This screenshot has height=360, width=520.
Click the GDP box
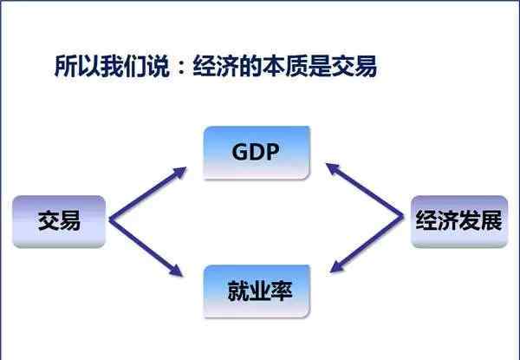[x=257, y=153]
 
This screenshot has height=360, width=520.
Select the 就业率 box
[x=257, y=291]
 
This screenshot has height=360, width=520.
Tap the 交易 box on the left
[x=59, y=221]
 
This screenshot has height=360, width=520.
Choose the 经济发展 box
[x=459, y=221]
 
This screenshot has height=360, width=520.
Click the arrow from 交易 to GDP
[x=147, y=193]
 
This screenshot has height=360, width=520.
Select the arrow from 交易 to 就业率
[x=146, y=247]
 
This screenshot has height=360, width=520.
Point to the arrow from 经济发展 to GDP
[x=365, y=189]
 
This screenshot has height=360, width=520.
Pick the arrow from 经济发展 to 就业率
[x=367, y=245]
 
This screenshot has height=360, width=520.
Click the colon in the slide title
[x=181, y=66]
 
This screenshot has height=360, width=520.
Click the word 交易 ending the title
[x=354, y=66]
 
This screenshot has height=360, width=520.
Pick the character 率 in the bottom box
[x=281, y=291]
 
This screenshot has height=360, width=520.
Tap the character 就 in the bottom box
[x=238, y=291]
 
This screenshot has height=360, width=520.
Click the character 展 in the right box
[x=491, y=219]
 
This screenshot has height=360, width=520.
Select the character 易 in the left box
[x=70, y=220]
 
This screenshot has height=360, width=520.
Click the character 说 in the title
[x=158, y=66]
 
